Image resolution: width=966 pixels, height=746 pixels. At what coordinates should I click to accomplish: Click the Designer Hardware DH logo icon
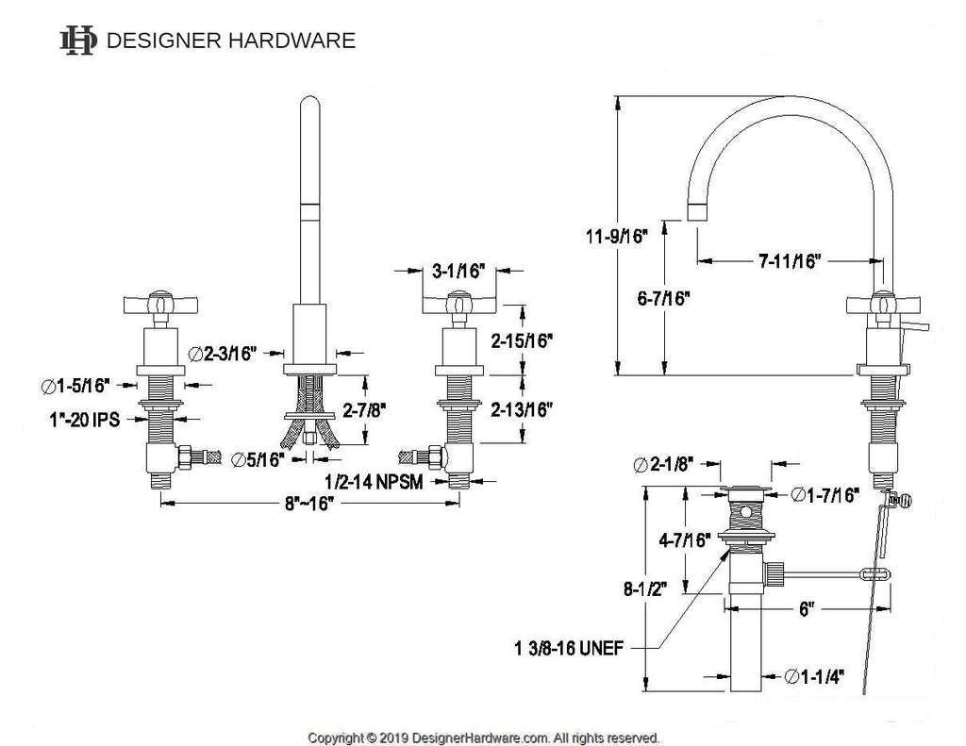(x=78, y=41)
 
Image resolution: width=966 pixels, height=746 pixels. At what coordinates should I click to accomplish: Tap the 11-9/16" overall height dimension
(x=617, y=236)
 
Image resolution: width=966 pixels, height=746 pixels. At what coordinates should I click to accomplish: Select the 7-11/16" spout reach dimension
(x=790, y=261)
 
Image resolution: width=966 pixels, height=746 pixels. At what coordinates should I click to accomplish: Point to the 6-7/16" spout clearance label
(x=663, y=299)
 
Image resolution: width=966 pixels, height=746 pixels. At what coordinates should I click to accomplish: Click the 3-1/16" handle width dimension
(x=458, y=271)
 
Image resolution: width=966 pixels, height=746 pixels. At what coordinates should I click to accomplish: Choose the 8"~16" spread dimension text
(x=308, y=504)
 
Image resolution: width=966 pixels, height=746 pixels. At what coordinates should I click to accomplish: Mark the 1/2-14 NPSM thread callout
(x=374, y=481)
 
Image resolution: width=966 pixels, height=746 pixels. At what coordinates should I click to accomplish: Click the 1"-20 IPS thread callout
(x=85, y=420)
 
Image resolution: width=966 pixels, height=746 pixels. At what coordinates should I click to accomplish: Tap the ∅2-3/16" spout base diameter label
(x=222, y=354)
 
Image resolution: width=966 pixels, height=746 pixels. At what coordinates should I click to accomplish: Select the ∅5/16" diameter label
(x=258, y=459)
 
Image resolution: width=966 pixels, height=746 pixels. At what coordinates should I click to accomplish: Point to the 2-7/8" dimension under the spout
(x=365, y=409)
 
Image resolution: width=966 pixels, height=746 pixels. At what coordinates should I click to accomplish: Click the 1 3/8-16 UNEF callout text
(x=569, y=648)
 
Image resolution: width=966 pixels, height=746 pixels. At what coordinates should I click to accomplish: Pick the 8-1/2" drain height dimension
(x=645, y=589)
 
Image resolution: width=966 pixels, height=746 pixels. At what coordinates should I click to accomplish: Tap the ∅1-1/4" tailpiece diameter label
(x=814, y=677)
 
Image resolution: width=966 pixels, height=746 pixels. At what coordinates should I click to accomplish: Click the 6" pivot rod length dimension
(x=808, y=609)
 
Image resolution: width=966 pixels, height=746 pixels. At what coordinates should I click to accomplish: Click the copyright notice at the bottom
(x=484, y=738)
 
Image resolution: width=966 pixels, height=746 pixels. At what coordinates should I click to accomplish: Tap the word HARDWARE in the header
(x=292, y=41)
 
